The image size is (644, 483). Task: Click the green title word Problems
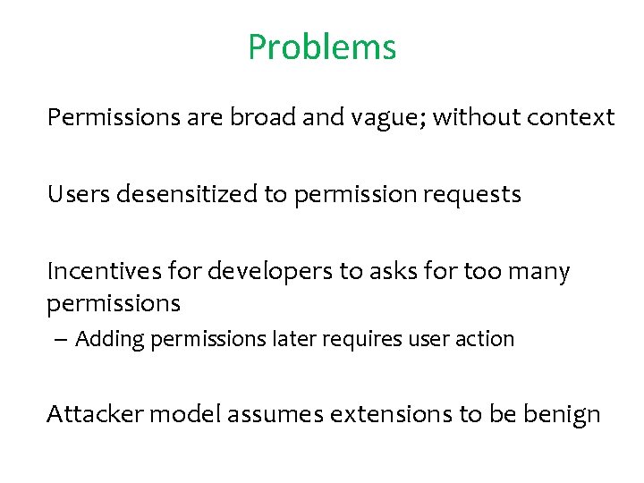[x=322, y=47]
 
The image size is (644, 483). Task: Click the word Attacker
[x=95, y=415]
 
